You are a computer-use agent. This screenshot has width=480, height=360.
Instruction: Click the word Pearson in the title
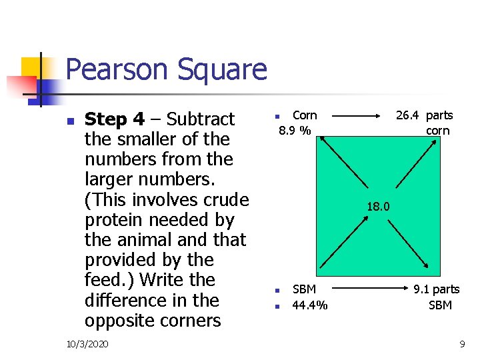click(x=114, y=69)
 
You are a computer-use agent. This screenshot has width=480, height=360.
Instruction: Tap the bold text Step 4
click(x=115, y=119)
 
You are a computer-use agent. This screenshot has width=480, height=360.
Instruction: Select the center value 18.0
click(x=378, y=207)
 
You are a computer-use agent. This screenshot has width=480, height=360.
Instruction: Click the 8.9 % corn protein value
click(x=294, y=131)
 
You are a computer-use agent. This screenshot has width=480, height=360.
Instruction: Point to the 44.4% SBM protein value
click(x=310, y=305)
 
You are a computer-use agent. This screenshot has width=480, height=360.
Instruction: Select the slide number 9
click(x=462, y=343)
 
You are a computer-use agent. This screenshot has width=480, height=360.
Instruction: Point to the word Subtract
click(x=201, y=119)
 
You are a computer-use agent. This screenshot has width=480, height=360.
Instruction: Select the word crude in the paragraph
click(x=222, y=200)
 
